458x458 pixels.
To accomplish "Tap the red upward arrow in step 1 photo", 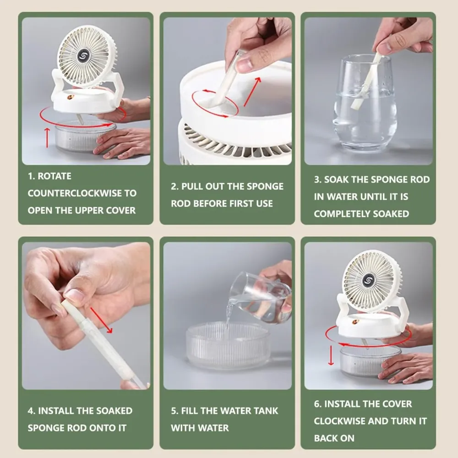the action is tap(47, 137).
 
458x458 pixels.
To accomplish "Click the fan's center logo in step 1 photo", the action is tap(83, 56).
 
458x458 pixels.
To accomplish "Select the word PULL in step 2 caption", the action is tap(192, 186).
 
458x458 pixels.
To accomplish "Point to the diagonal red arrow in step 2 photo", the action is tap(252, 92).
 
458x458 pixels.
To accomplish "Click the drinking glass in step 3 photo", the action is tap(365, 102).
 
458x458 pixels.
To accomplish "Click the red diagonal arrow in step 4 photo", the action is tap(101, 320).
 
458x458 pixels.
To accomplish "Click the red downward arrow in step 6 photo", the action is tap(331, 355).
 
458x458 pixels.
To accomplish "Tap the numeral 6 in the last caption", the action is tap(316, 404).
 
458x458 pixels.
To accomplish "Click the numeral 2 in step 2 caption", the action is tap(174, 186).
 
